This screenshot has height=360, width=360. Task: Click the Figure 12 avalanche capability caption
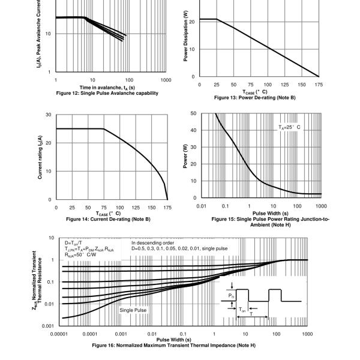107,93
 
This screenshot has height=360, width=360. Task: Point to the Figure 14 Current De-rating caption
107,220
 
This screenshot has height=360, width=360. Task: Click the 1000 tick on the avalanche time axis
166,80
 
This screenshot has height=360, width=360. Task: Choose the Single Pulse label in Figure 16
133,310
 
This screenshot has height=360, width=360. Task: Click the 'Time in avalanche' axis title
107,88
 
